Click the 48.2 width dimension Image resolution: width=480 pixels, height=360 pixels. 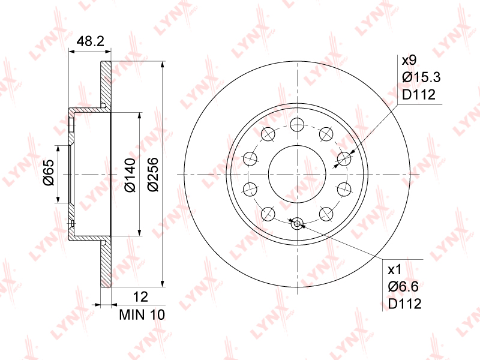91,41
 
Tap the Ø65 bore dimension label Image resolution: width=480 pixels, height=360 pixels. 49,173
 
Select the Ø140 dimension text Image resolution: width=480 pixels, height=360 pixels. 130,175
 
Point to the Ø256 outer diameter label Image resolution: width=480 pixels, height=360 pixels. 153,175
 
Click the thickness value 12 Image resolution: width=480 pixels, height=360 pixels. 140,296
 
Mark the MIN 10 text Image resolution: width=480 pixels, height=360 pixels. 142,314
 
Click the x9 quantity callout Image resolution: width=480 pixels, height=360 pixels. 409,61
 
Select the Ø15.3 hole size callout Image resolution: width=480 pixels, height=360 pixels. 422,77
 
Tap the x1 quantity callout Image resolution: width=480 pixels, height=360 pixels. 395,269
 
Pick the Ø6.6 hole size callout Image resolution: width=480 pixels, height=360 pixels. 403,287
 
